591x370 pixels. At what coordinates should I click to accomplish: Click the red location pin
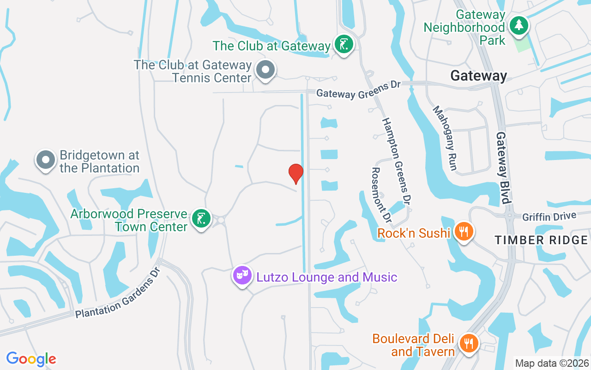[x=295, y=173]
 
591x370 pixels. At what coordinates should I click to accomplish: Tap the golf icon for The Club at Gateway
[x=344, y=44]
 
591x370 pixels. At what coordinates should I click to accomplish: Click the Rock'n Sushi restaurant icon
[x=463, y=231]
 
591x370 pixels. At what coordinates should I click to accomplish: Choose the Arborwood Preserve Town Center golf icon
[x=201, y=219]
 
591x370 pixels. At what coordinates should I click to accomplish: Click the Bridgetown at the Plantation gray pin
[x=45, y=160]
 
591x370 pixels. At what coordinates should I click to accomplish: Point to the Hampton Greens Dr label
[x=396, y=161]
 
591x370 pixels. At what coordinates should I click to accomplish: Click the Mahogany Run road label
[x=445, y=138]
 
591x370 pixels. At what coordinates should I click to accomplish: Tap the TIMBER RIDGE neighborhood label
[x=541, y=240]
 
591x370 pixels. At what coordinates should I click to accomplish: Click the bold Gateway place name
[x=478, y=75]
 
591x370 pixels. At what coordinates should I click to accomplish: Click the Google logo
[x=31, y=358]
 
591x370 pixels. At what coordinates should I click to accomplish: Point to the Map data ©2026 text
[x=552, y=363]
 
